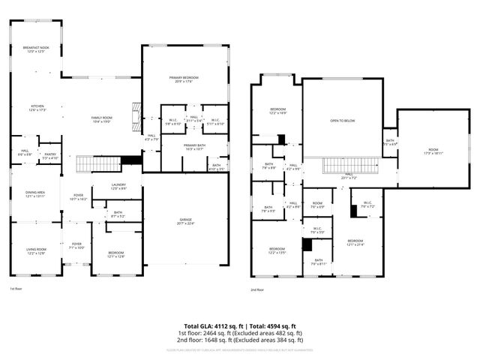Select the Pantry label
(x=50, y=155)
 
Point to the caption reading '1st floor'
(x=16, y=289)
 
